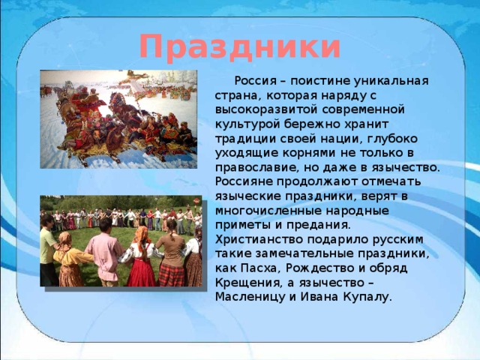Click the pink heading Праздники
click(x=240, y=46)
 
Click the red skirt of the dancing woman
click(x=141, y=271)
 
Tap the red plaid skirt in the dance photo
click(x=171, y=274)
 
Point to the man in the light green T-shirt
click(x=47, y=250)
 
